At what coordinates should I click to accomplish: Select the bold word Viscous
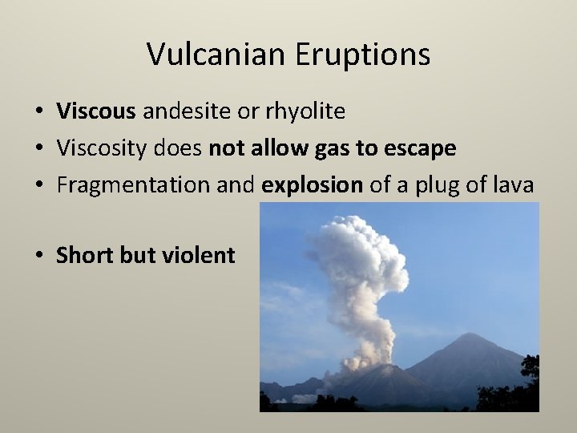pyautogui.click(x=96, y=111)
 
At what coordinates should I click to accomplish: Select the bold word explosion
pyautogui.click(x=313, y=185)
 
